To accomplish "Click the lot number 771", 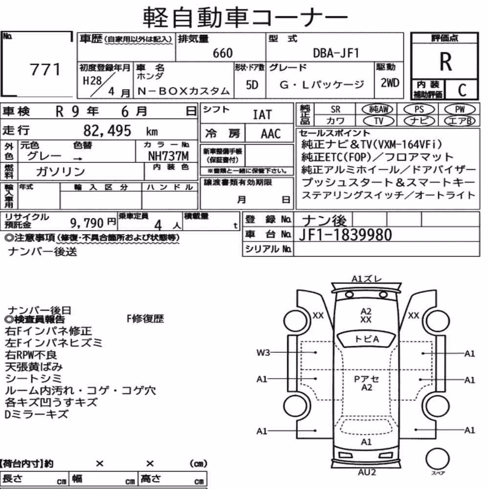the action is pos(45,69).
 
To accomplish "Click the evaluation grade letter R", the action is pos(445,62).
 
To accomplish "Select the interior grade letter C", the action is pos(462,90).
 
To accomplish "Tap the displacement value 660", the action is pos(222,53).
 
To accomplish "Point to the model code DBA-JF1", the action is pos(336,53).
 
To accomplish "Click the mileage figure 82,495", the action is pos(107,131).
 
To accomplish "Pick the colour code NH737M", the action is pos(168,156).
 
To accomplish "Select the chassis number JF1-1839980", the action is pos(345,235).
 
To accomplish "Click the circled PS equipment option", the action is pos(419,110).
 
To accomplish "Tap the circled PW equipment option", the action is pos(460,110).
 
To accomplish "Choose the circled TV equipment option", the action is pos(378,121).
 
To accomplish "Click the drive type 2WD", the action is pos(390,83).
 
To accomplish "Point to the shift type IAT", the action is pos(262,115).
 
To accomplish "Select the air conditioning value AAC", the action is pos(271,134).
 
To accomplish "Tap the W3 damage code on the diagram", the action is pos(263,353).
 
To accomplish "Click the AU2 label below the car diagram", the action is pos(367,472).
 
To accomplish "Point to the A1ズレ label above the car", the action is pos(366,279).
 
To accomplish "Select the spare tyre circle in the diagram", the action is pos(437,459).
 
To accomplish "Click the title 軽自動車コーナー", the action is pos(245,17).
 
